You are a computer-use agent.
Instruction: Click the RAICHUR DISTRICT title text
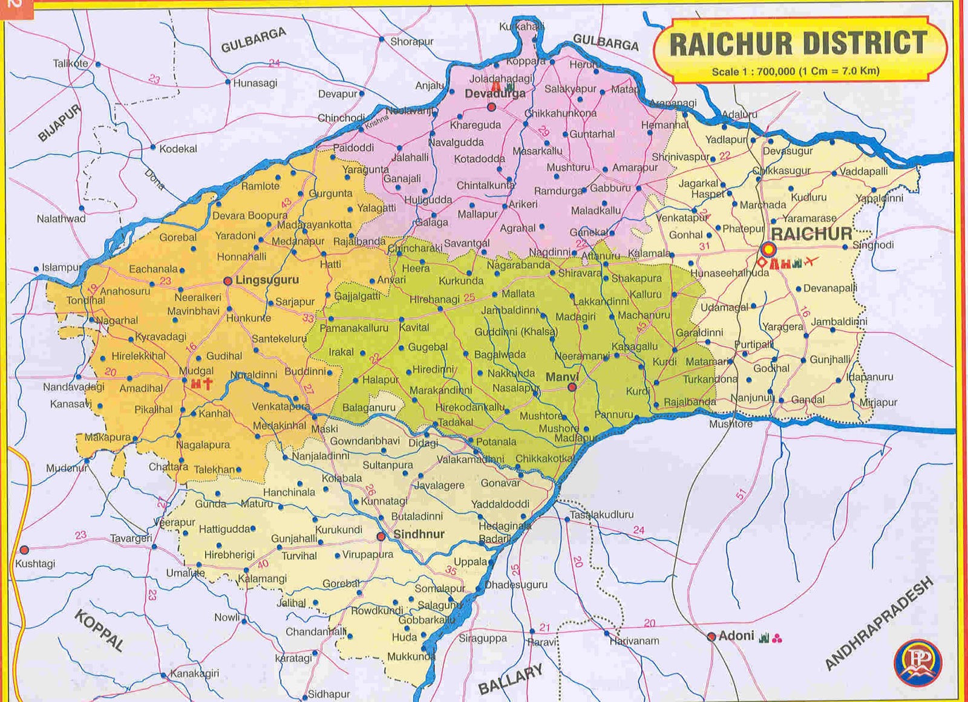(x=798, y=44)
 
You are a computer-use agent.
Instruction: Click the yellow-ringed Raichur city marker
(x=768, y=249)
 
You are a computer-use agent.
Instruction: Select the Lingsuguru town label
(x=267, y=281)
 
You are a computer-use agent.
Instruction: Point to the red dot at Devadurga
(x=491, y=107)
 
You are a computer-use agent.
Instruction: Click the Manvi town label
(x=562, y=377)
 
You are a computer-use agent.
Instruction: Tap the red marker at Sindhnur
(x=381, y=536)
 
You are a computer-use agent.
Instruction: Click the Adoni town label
(x=736, y=635)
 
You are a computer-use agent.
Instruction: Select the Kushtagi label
(x=35, y=564)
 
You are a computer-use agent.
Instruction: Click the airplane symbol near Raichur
(x=811, y=262)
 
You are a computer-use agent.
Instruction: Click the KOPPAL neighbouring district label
(x=99, y=631)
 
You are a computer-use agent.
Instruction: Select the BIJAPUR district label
(x=59, y=123)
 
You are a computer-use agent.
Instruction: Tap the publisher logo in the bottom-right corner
(x=918, y=661)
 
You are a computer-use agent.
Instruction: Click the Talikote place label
(x=70, y=63)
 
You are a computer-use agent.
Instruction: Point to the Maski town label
(x=324, y=429)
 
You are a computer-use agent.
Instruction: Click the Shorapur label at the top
(x=411, y=42)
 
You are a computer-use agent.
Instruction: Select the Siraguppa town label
(x=483, y=638)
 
